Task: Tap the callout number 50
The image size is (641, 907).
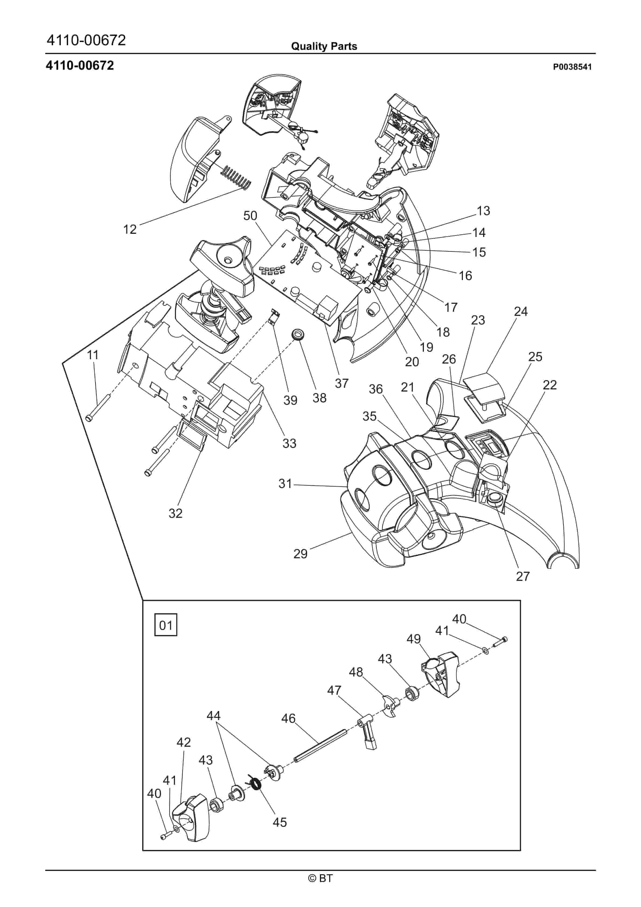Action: (250, 216)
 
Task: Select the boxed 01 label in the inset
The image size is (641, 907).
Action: (166, 625)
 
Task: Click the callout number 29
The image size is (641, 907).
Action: (300, 554)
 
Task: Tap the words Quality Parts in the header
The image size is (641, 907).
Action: (324, 46)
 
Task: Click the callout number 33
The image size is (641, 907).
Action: (289, 443)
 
